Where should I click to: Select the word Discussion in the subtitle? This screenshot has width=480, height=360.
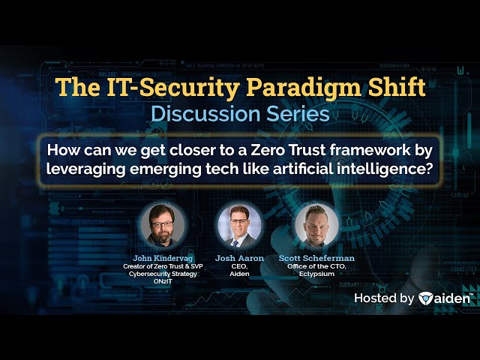(205, 114)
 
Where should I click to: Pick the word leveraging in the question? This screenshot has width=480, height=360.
(85, 169)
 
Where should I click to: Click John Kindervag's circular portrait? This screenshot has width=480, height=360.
(163, 225)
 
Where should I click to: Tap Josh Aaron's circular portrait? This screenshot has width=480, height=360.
(239, 225)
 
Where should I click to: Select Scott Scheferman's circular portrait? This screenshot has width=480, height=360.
(316, 225)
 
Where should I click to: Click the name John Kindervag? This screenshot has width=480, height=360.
(163, 258)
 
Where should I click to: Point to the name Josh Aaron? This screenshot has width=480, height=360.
(239, 258)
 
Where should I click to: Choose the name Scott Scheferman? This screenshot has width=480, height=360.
(316, 258)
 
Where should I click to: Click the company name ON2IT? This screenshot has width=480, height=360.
(163, 281)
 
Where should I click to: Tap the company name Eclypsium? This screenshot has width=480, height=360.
(316, 274)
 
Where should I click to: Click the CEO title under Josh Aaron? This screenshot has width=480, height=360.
(239, 267)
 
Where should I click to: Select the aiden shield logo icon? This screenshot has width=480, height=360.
(425, 298)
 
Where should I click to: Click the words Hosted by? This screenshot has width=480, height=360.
(384, 298)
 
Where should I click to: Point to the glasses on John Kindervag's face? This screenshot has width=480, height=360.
(162, 224)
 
